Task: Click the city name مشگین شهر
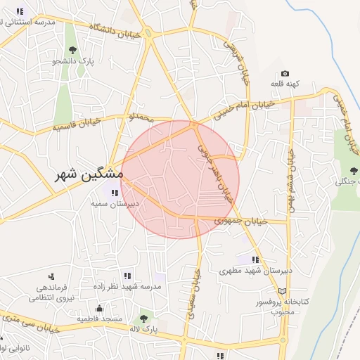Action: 90,174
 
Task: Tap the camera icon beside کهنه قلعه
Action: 285,74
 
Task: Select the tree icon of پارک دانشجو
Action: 72,49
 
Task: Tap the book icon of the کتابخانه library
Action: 283,291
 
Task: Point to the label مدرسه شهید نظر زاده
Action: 127,287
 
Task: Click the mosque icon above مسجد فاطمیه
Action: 99,308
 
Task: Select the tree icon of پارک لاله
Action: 144,319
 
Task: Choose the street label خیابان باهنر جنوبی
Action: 214,172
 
